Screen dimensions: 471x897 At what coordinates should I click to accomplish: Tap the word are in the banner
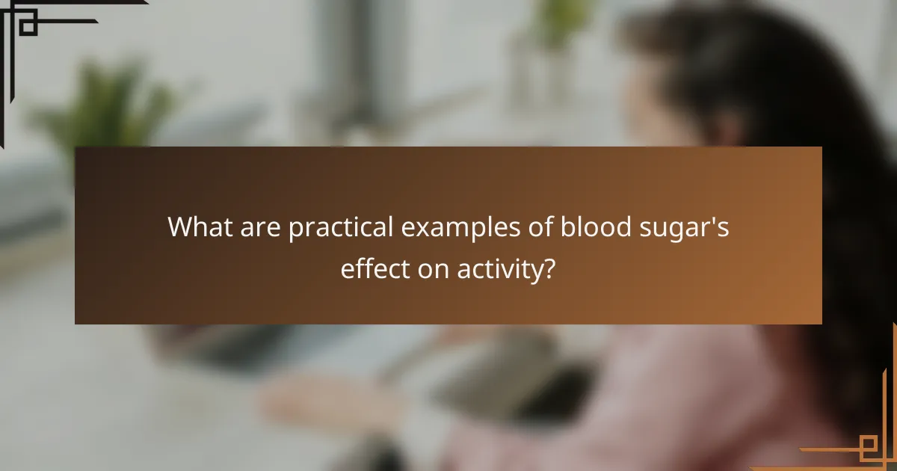point(259,227)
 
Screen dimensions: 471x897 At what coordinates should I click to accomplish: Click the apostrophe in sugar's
point(715,220)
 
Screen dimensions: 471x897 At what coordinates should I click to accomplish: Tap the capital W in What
point(182,227)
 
